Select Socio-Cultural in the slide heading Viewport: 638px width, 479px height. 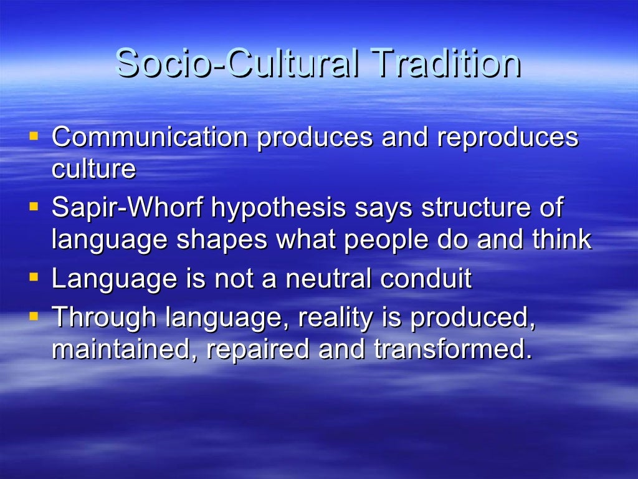point(237,63)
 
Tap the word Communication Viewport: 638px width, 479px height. point(150,138)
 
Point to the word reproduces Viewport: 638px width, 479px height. point(508,138)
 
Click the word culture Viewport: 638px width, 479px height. point(93,169)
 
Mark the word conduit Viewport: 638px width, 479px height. point(427,279)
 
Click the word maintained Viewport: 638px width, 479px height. point(124,349)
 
